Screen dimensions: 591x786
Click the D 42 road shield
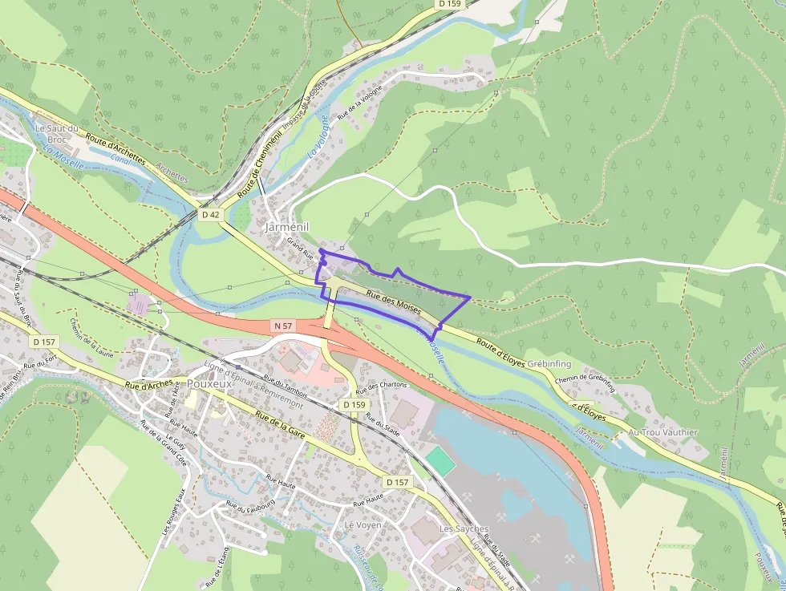point(210,215)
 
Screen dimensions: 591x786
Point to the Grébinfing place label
point(549,363)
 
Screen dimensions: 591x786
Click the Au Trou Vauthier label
point(663,432)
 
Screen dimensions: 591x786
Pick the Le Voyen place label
point(363,524)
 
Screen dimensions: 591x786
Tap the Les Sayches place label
point(460,529)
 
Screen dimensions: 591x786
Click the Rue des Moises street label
point(393,302)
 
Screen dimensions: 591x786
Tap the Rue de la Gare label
point(282,425)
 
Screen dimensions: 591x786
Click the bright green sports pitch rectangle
point(439,460)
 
